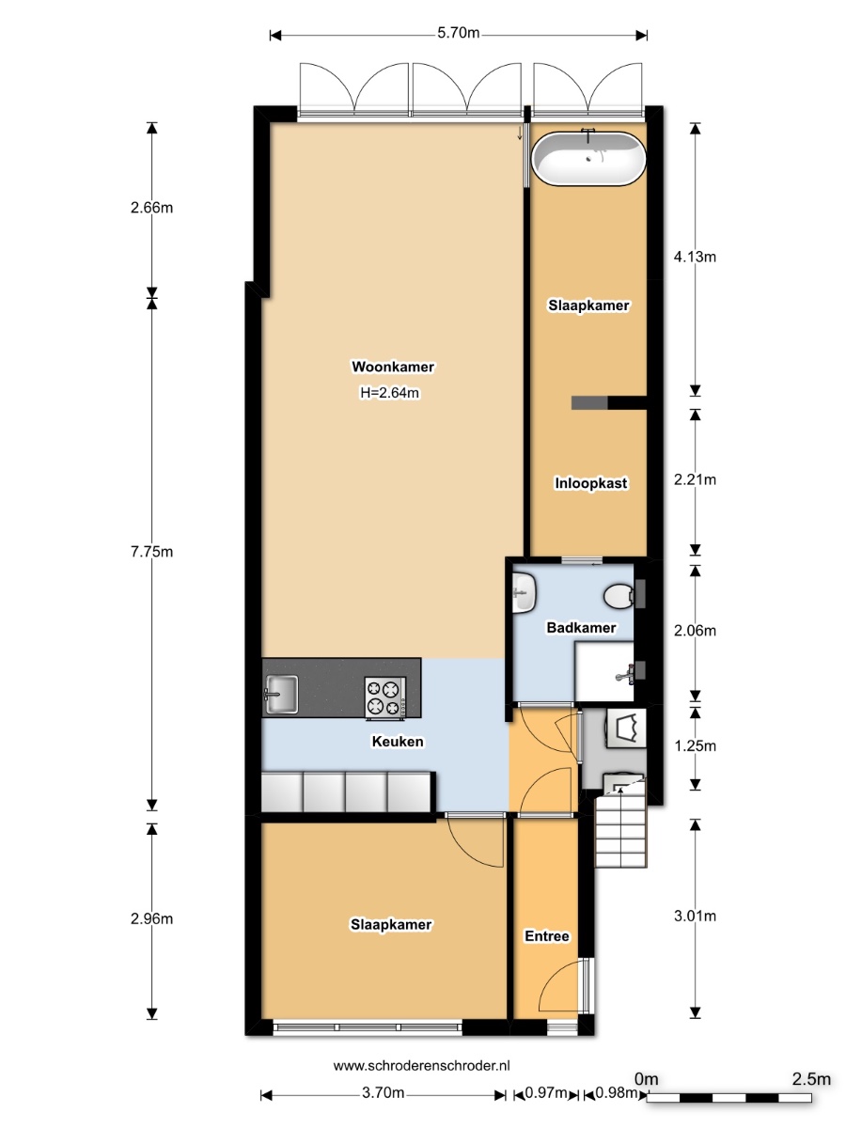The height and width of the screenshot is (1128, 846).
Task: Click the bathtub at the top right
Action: pos(588,158)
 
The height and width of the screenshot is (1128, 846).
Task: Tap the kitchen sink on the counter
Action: pos(281,695)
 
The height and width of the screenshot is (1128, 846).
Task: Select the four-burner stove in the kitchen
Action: pos(385,697)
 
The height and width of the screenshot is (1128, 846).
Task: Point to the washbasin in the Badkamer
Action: pos(525,592)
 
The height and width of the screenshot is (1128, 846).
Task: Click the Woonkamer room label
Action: pos(393,367)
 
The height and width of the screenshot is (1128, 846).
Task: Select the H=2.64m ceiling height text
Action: pos(390,393)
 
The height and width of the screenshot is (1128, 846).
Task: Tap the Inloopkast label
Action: pos(590,483)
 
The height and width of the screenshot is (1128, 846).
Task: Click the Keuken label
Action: pos(398,741)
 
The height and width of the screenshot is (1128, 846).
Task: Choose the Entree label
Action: pos(546,936)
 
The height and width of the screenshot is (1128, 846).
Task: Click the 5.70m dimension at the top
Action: pos(458,33)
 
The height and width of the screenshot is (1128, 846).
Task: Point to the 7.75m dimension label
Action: pos(151,552)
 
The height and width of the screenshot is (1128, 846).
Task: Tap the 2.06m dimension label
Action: pos(695,630)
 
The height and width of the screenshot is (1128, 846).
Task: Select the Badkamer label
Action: pos(581,628)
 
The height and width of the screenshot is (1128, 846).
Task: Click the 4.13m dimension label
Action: pos(695,257)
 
